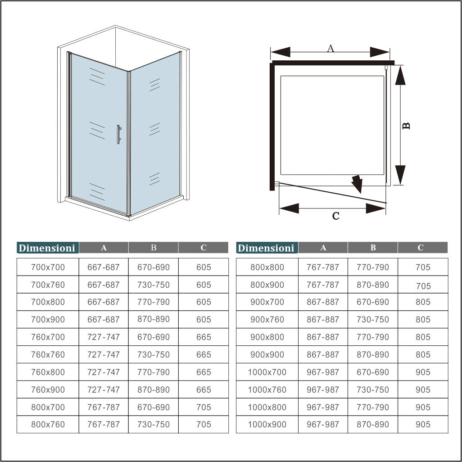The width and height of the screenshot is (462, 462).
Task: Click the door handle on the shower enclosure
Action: (x=118, y=135)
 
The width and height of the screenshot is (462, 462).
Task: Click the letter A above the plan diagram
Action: (x=331, y=48)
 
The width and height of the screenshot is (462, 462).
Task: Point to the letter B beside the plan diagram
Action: (x=406, y=126)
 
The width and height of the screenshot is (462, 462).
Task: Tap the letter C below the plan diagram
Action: (x=335, y=216)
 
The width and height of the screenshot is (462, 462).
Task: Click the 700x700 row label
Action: (x=48, y=267)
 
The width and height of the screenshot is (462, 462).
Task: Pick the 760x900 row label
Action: (x=48, y=390)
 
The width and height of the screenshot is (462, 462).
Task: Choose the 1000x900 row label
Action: (x=267, y=424)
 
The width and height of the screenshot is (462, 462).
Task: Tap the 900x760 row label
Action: (x=267, y=319)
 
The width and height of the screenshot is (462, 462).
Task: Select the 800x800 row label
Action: (x=267, y=267)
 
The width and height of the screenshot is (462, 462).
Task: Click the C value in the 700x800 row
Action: (x=204, y=302)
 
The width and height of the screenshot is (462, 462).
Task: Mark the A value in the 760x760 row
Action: (x=104, y=354)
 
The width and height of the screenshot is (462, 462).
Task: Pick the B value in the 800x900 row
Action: (x=373, y=285)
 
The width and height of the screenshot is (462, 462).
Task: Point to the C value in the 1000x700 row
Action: (x=423, y=372)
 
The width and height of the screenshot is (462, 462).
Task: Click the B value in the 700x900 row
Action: (x=154, y=319)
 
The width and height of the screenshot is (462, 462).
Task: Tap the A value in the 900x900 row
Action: (x=323, y=354)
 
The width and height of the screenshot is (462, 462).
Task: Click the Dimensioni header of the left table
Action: (x=47, y=248)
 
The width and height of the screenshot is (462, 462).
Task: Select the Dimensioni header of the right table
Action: (x=266, y=248)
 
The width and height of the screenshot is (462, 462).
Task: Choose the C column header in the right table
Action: (x=421, y=247)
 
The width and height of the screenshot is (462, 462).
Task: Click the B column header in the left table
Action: (x=154, y=247)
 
